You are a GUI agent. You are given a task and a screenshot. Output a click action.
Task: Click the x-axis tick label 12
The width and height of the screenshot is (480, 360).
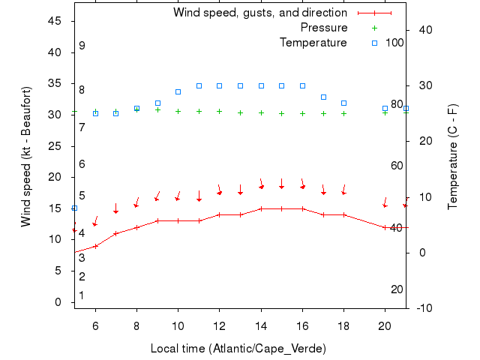(x=219, y=325)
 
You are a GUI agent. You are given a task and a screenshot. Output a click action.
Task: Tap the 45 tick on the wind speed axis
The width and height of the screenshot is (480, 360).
(x=55, y=21)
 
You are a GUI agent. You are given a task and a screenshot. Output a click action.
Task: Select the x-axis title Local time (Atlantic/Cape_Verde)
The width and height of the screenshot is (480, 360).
(x=238, y=349)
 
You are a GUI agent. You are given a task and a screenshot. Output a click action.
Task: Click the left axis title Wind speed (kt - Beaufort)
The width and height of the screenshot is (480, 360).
(x=26, y=157)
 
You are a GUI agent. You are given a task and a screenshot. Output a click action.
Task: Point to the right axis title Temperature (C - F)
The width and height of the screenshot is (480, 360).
(x=453, y=157)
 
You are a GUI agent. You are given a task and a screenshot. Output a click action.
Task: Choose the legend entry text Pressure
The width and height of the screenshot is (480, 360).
(x=324, y=28)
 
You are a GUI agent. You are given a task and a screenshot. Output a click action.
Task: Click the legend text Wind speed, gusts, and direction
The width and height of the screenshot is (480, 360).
(x=260, y=13)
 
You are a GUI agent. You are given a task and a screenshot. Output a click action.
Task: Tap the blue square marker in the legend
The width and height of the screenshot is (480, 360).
(x=374, y=43)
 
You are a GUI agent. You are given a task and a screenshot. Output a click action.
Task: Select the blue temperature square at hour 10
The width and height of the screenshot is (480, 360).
(x=178, y=91)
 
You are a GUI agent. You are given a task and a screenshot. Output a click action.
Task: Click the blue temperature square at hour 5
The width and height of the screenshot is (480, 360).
(x=74, y=208)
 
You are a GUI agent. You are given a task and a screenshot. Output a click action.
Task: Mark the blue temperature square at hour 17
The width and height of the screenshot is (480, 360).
(x=323, y=97)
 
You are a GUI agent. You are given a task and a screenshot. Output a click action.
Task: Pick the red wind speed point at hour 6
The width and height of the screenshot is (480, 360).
(x=95, y=246)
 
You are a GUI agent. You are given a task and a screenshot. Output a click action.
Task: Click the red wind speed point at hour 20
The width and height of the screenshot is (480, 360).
(x=385, y=227)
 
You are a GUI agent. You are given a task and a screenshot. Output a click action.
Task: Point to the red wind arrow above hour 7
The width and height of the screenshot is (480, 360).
(x=115, y=208)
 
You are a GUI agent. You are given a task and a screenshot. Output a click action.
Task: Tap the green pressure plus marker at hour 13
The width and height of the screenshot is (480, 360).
(x=240, y=112)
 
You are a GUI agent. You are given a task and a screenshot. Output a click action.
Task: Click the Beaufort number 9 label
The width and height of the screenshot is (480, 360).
(x=82, y=46)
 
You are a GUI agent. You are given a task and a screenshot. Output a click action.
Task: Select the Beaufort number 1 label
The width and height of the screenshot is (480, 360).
(x=82, y=295)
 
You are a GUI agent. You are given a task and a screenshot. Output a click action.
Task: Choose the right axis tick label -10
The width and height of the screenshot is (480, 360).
(x=424, y=308)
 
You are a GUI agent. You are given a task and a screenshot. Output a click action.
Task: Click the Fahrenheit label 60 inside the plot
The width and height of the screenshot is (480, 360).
(x=397, y=166)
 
